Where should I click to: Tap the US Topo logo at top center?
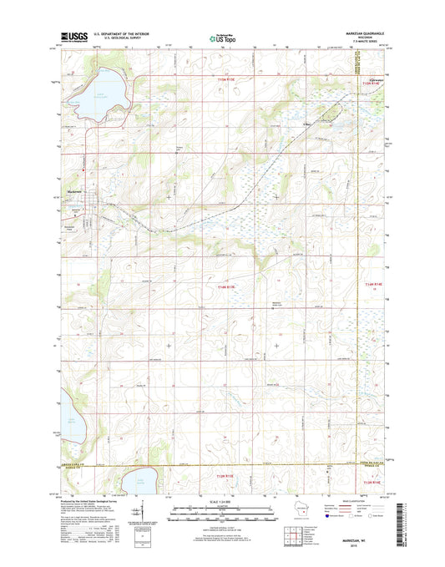221,37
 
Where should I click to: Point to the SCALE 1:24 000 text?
221,500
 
